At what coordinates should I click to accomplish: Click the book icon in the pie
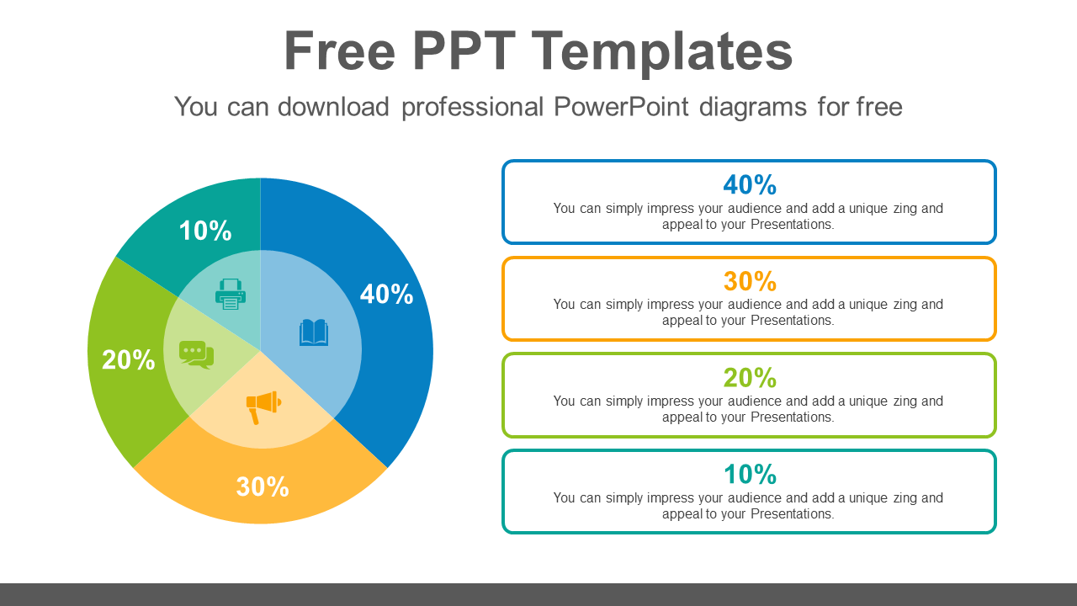314,332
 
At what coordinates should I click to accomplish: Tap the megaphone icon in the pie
263,407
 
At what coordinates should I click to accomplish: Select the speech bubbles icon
196,354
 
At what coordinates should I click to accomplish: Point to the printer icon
230,295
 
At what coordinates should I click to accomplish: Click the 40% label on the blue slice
386,294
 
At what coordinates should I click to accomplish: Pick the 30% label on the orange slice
263,486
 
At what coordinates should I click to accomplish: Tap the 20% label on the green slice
129,360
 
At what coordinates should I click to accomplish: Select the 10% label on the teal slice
205,231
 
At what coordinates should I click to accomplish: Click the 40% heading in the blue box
749,184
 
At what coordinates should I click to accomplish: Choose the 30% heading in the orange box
749,281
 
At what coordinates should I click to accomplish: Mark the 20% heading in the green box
749,378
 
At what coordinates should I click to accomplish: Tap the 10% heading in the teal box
749,475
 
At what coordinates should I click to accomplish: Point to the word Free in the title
339,51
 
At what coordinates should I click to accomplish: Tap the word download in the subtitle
333,107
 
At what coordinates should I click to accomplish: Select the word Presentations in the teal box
791,513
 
